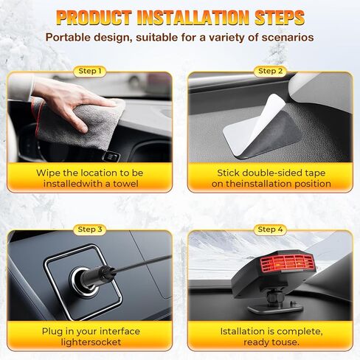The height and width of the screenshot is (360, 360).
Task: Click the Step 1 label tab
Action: coord(91,72)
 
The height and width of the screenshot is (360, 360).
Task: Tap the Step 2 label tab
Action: coord(270,72)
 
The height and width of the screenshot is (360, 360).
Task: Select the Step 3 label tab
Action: coord(91,229)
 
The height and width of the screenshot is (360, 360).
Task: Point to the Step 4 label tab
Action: coord(270,229)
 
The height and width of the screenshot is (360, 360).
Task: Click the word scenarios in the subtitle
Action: coord(283,37)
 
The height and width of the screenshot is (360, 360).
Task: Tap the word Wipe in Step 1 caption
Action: coord(49,173)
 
